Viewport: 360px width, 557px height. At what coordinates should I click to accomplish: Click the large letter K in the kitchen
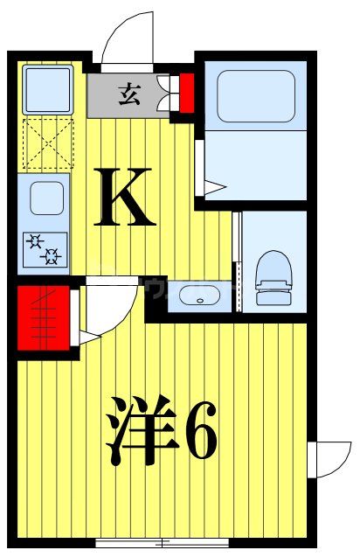(126, 198)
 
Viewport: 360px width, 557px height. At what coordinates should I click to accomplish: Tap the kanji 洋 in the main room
(141, 431)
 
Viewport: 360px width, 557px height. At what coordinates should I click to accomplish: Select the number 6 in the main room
(200, 431)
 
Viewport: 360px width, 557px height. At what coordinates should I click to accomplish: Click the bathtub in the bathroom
(255, 97)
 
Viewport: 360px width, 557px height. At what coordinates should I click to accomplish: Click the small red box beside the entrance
(185, 94)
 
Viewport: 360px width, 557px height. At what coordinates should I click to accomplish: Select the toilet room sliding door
(237, 260)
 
